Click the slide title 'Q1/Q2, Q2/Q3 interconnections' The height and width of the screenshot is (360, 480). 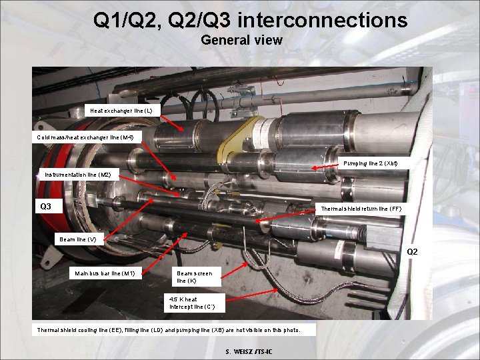click(250, 20)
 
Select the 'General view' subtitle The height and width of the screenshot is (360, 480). click(241, 40)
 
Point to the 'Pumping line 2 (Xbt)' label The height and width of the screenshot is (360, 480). click(371, 163)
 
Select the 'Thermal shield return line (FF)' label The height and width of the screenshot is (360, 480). click(361, 209)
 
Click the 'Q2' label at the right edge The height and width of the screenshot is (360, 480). click(413, 251)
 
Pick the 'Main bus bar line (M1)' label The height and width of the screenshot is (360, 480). click(105, 273)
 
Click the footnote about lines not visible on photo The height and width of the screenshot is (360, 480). click(169, 330)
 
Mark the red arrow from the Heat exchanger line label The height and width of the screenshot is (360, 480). click(172, 121)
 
